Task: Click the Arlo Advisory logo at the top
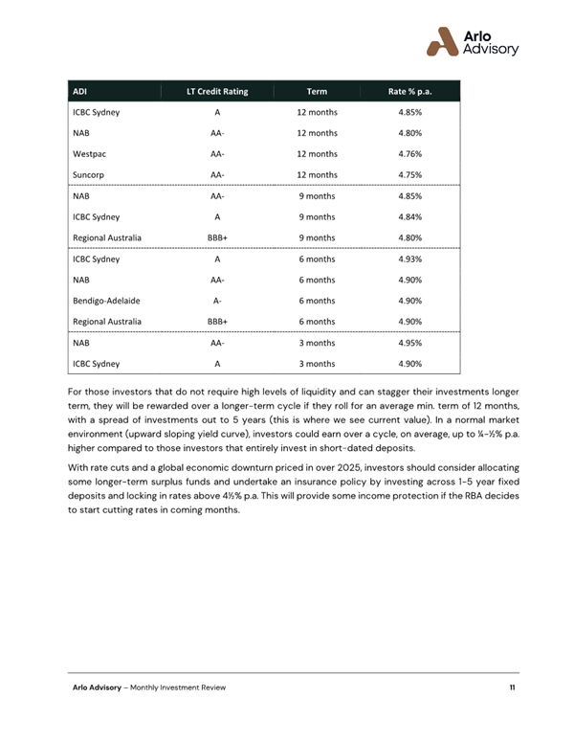pos(473,41)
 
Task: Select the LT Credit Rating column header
pos(217,92)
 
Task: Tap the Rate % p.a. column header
pos(409,92)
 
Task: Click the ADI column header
pos(80,92)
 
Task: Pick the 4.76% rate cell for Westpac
pos(409,153)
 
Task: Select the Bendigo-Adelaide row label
pos(105,301)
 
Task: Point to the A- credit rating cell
pos(217,301)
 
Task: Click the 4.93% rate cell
pos(409,259)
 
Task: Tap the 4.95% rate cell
pos(409,343)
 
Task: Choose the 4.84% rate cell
pos(409,216)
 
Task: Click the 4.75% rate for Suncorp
pos(409,174)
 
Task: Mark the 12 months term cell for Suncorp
pos(317,174)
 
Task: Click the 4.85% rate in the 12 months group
pos(409,112)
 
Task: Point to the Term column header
pos(317,92)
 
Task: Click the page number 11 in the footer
pos(514,689)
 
